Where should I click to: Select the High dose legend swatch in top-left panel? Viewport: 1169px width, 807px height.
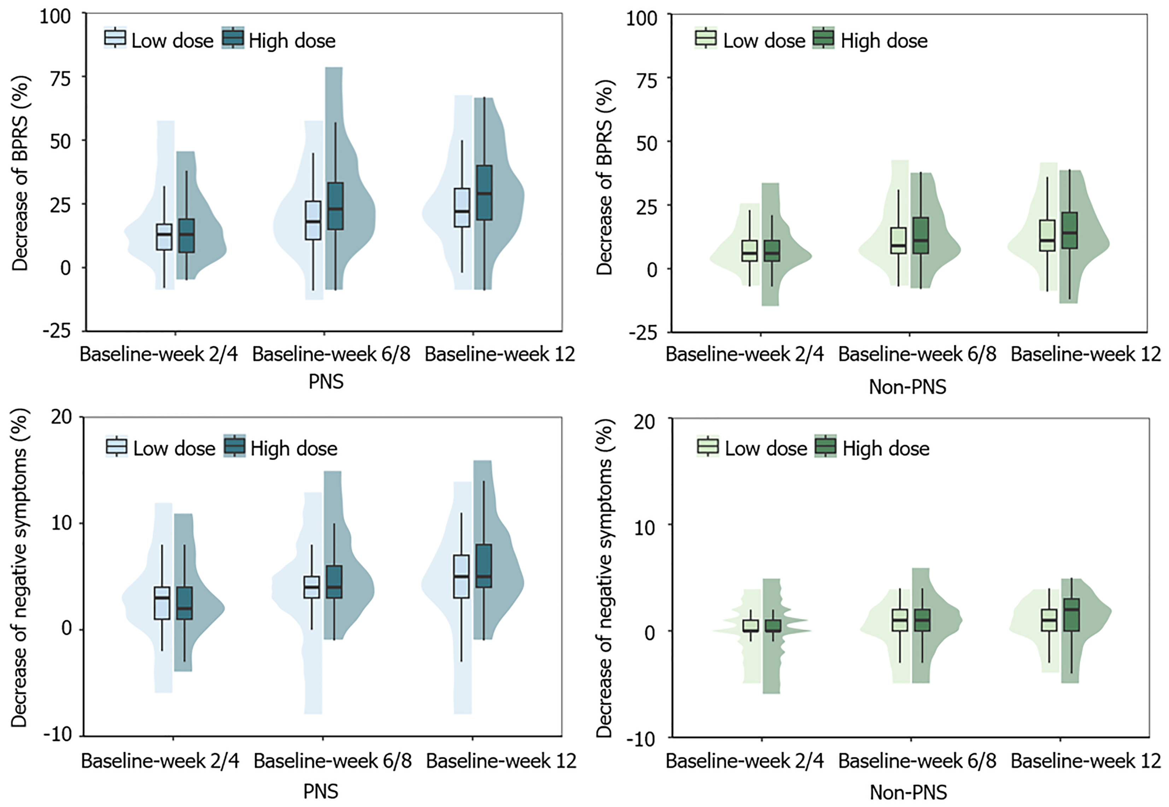[233, 38]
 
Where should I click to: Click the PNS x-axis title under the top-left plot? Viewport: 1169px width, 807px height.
[326, 382]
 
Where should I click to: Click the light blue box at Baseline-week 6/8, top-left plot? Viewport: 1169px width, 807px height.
[313, 220]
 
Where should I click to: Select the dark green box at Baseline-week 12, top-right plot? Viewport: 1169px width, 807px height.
[1069, 231]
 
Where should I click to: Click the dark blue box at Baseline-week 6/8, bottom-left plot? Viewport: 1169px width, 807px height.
[334, 582]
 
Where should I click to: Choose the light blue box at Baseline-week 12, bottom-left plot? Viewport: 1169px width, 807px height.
[461, 576]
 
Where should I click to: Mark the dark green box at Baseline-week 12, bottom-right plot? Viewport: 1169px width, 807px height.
[1071, 615]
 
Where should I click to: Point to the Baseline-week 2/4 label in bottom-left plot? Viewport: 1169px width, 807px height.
[160, 761]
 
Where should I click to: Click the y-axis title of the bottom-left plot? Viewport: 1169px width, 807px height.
[19, 569]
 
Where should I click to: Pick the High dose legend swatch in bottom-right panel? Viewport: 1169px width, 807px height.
[825, 446]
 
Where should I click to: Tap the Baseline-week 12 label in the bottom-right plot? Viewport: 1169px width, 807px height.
[1086, 761]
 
